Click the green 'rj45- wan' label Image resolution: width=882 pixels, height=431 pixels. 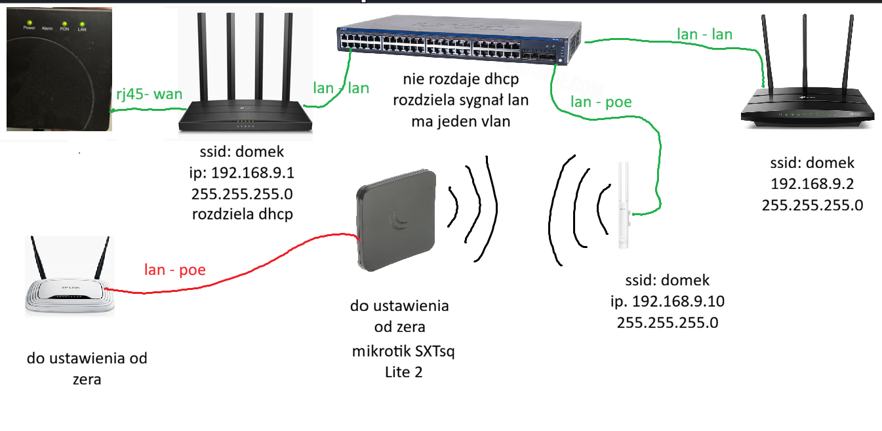tap(150, 94)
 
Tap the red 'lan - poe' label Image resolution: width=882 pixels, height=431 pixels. tap(175, 270)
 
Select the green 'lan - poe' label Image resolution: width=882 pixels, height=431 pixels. tap(601, 102)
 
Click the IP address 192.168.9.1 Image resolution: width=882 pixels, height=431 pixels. tap(252, 173)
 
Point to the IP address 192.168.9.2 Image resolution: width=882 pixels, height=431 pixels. tap(812, 184)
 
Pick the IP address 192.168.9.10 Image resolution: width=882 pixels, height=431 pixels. tap(678, 301)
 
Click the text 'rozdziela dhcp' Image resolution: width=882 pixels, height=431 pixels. tap(243, 215)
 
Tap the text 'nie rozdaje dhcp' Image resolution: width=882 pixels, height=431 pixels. tap(461, 79)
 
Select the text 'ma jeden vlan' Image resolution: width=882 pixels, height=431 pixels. tap(461, 121)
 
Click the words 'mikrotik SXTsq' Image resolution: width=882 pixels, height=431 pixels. tap(403, 351)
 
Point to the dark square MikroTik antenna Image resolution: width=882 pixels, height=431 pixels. tap(396, 220)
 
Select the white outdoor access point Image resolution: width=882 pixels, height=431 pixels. tap(624, 205)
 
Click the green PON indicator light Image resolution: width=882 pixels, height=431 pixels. tap(64, 24)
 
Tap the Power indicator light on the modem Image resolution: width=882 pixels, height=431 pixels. tap(30, 23)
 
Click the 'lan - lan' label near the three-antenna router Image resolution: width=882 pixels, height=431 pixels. tap(704, 34)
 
